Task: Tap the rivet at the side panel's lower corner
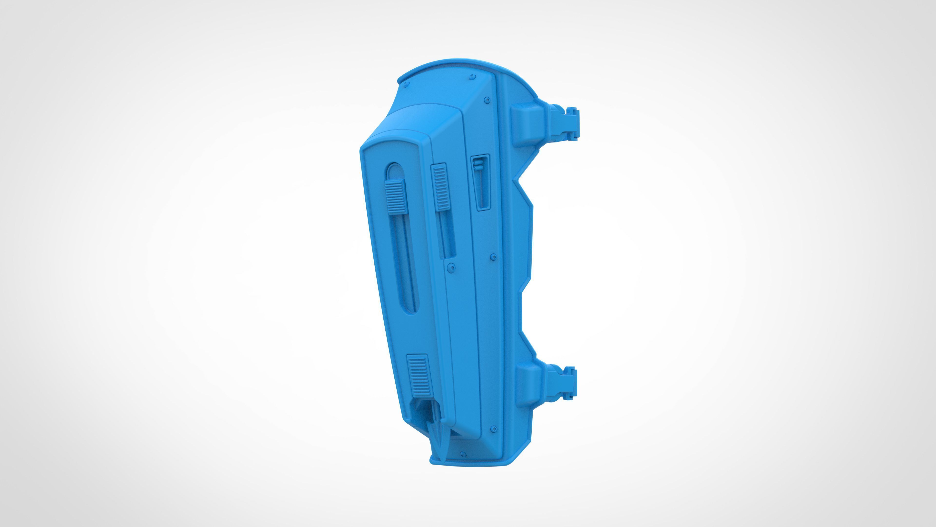click(x=493, y=429)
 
